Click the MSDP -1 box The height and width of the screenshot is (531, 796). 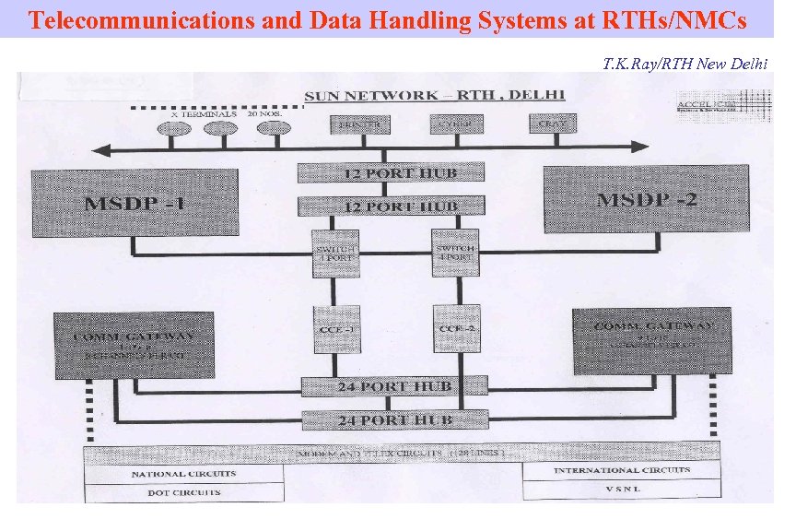pyautogui.click(x=135, y=202)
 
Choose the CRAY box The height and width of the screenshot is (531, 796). pyautogui.click(x=553, y=123)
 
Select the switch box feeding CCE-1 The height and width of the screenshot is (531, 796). pyautogui.click(x=335, y=253)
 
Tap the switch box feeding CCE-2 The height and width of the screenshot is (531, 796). pyautogui.click(x=455, y=253)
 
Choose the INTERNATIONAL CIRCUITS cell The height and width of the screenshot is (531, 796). pyautogui.click(x=621, y=470)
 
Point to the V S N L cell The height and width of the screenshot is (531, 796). pyautogui.click(x=621, y=490)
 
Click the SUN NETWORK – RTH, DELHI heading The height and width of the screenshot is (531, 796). pyautogui.click(x=435, y=95)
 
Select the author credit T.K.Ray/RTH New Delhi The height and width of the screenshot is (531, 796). pyautogui.click(x=684, y=64)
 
